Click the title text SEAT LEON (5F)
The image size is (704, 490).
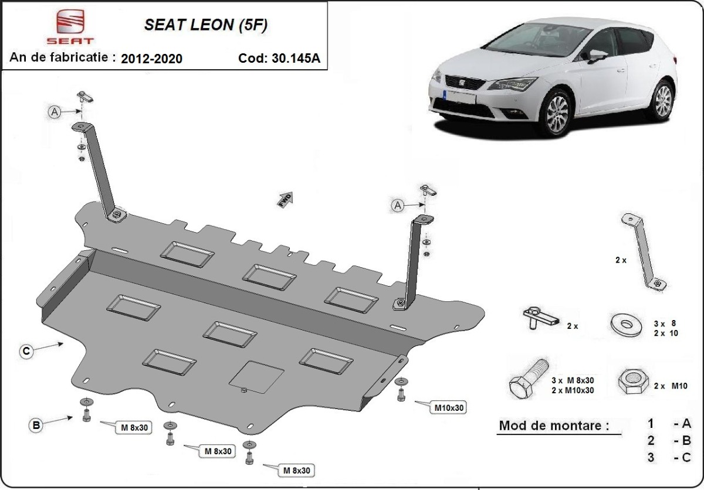[x=208, y=25]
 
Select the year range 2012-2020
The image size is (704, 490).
[x=151, y=59]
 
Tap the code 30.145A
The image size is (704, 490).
[x=283, y=59]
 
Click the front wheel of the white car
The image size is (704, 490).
[x=557, y=114]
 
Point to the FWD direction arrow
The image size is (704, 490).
[x=285, y=199]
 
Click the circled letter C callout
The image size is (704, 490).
[x=26, y=351]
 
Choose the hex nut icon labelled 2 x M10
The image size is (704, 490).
[x=631, y=382]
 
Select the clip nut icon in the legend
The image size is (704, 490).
[x=541, y=319]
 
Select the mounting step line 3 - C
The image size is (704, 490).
[x=669, y=457]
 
